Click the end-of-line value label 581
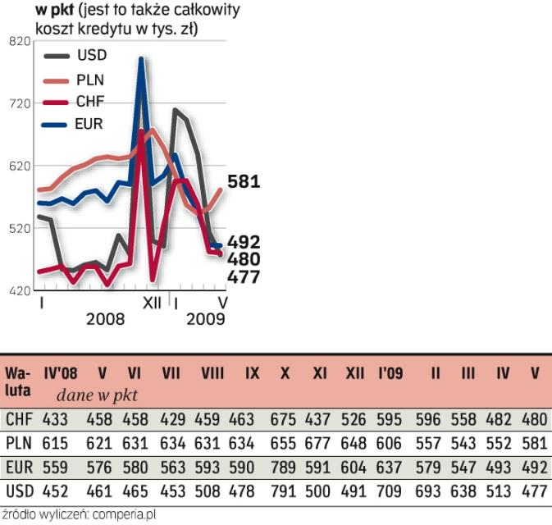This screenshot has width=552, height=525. tap(244, 182)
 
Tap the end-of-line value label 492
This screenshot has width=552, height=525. tap(244, 242)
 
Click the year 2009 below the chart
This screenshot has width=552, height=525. tap(206, 319)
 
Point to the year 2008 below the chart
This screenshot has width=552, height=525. tap(105, 319)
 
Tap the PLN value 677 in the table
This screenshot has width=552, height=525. tap(320, 444)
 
